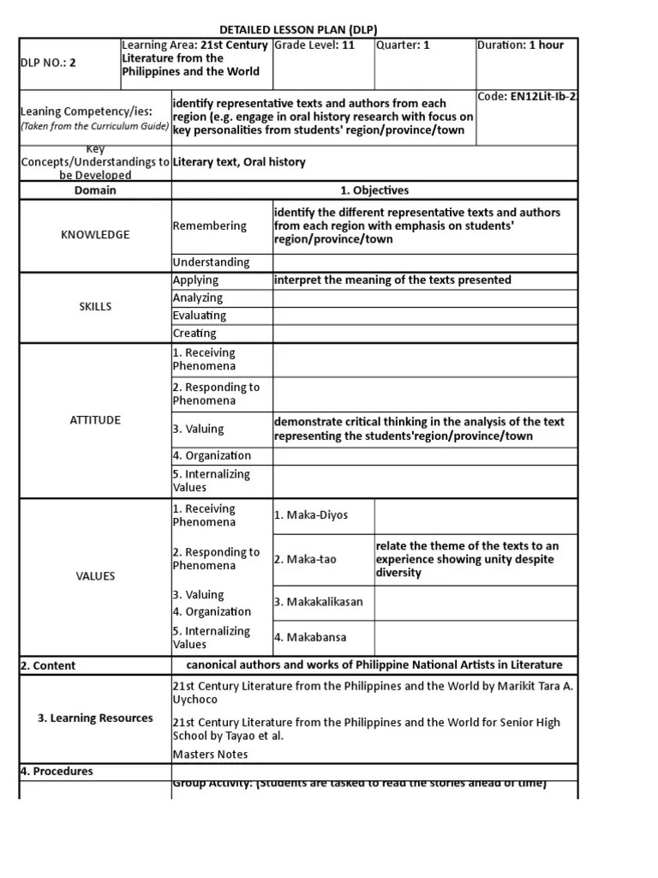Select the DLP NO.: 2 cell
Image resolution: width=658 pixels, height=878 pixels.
pyautogui.click(x=48, y=63)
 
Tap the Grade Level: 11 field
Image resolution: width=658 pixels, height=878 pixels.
pyautogui.click(x=314, y=45)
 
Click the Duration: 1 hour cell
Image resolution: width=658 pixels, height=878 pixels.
pyautogui.click(x=520, y=45)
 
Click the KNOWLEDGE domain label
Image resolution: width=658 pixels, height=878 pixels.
pyautogui.click(x=95, y=234)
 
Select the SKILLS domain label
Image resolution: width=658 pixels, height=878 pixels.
pyautogui.click(x=95, y=306)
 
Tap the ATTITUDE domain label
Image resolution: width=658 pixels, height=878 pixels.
pyautogui.click(x=95, y=419)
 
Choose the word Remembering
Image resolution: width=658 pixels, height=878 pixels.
pyautogui.click(x=209, y=226)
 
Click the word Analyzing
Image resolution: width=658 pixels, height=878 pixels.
pyautogui.click(x=197, y=298)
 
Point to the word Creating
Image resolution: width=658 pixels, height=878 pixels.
pyautogui.click(x=194, y=334)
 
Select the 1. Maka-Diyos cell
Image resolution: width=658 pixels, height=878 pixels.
pyautogui.click(x=312, y=515)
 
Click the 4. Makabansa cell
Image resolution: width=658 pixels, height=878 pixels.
pyautogui.click(x=310, y=637)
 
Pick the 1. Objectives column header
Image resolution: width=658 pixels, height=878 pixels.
pyautogui.click(x=374, y=190)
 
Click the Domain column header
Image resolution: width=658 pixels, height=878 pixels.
pyautogui.click(x=95, y=190)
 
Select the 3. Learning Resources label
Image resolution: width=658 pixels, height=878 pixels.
pyautogui.click(x=95, y=718)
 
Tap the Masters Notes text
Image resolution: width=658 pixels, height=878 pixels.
pyautogui.click(x=210, y=754)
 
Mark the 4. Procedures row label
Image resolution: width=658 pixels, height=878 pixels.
pyautogui.click(x=57, y=771)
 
